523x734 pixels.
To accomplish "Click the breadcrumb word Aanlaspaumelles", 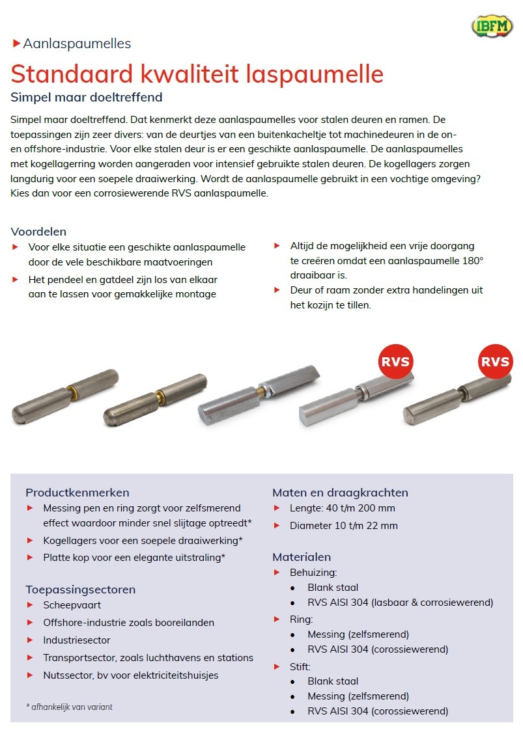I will pyautogui.click(x=77, y=44).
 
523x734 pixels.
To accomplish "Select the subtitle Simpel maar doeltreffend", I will pyautogui.click(x=87, y=98).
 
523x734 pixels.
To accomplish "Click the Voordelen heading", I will pyautogui.click(x=38, y=232).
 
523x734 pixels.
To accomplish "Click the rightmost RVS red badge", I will pyautogui.click(x=495, y=361).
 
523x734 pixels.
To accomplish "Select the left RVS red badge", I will pyautogui.click(x=396, y=361).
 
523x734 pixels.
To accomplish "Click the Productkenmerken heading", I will pyautogui.click(x=78, y=492).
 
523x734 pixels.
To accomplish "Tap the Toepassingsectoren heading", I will pyautogui.click(x=80, y=590).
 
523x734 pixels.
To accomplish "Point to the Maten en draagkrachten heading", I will pyautogui.click(x=340, y=492).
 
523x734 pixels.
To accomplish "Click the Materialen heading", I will pyautogui.click(x=302, y=557).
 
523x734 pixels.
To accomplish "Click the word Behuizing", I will pyautogui.click(x=313, y=573).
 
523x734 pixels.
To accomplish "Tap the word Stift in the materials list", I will pyautogui.click(x=300, y=666).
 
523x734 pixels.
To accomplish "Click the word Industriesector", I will pyautogui.click(x=77, y=640).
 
